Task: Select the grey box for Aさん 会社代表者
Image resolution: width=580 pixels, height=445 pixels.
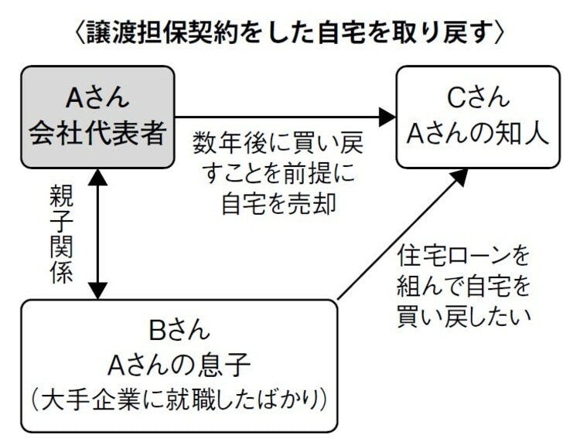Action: click(x=97, y=116)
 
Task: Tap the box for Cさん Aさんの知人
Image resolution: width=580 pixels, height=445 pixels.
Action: click(x=478, y=116)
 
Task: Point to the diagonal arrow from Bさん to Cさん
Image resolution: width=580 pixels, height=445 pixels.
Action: click(x=402, y=235)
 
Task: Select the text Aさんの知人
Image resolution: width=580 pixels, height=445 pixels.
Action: click(x=478, y=133)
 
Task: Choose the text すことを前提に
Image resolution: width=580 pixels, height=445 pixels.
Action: click(x=278, y=174)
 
